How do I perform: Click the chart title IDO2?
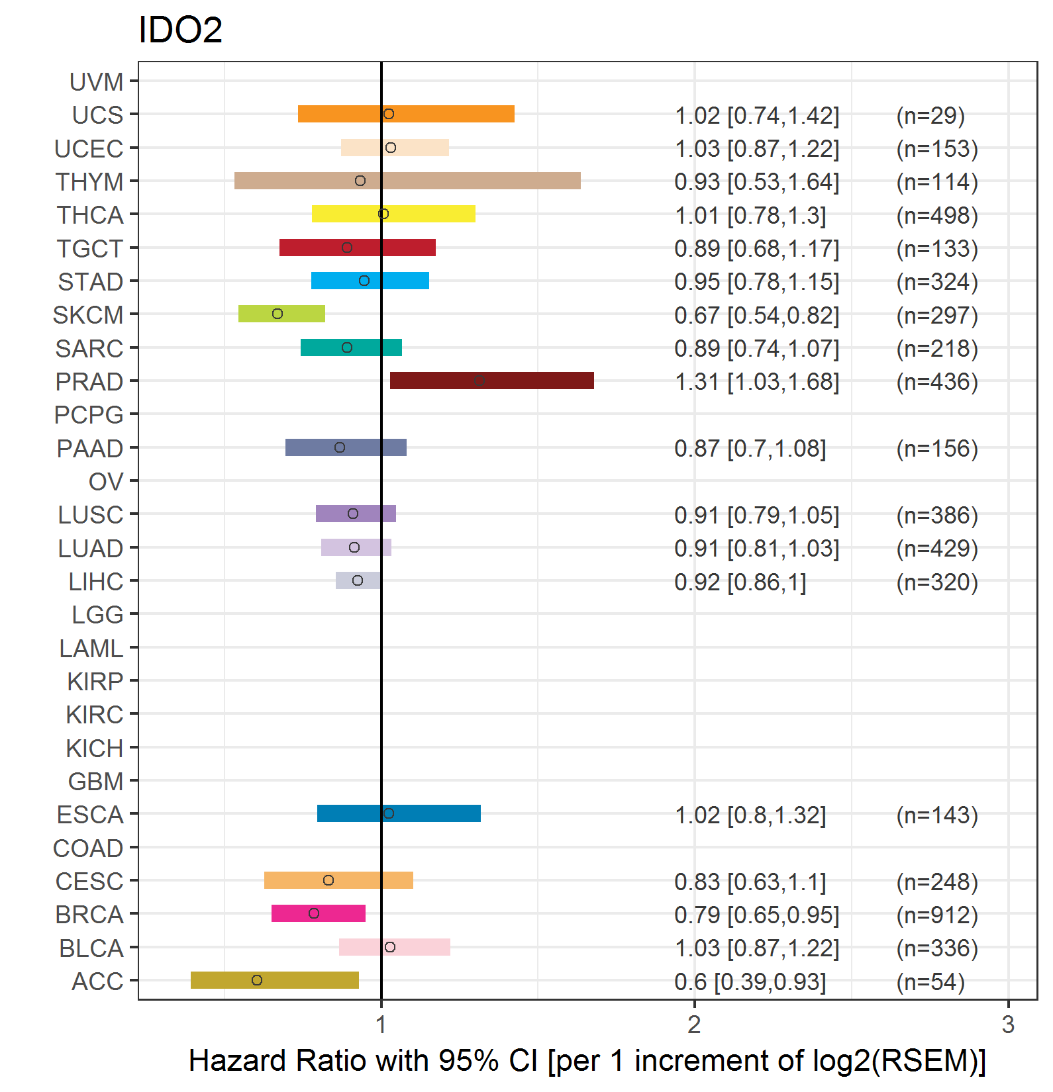pyautogui.click(x=180, y=30)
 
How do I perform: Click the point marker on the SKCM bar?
pyautogui.click(x=277, y=314)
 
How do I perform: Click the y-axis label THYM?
pyautogui.click(x=89, y=182)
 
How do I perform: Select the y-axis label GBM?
pyautogui.click(x=95, y=782)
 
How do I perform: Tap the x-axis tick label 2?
pyautogui.click(x=694, y=1024)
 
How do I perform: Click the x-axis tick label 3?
pyautogui.click(x=1008, y=1024)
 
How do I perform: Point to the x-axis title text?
pyautogui.click(x=587, y=1060)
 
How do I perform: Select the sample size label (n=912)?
pyautogui.click(x=936, y=915)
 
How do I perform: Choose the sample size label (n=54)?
pyautogui.click(x=930, y=981)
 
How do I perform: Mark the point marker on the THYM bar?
pyautogui.click(x=360, y=181)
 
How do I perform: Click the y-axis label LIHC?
pyautogui.click(x=96, y=582)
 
